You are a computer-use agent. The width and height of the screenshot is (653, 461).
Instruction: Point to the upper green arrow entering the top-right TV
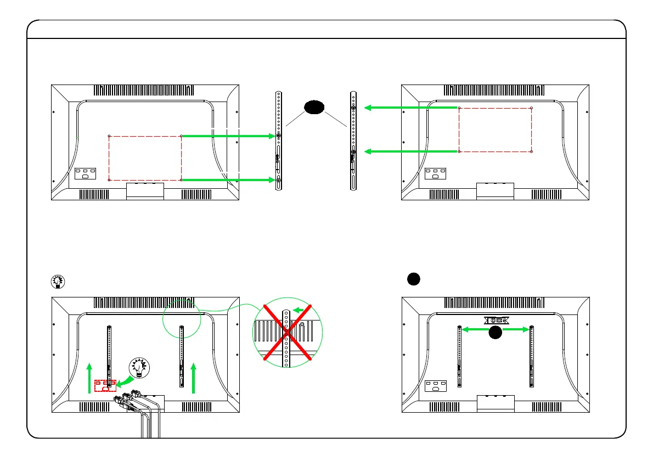[412, 108]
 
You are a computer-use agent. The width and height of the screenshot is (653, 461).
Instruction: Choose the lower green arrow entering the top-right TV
[412, 151]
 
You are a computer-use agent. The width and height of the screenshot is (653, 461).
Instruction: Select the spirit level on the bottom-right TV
[497, 320]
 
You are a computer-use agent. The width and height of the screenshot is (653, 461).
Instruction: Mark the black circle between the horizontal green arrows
[496, 331]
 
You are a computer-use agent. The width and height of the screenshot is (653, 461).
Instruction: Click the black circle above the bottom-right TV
[414, 279]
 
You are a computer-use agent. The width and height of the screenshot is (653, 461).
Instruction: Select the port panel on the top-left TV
[85, 174]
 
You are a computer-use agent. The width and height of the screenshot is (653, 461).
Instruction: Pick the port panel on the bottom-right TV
[436, 386]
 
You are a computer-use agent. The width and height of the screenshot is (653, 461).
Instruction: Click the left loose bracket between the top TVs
[279, 140]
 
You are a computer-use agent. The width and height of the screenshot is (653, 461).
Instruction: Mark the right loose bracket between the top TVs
[354, 140]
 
